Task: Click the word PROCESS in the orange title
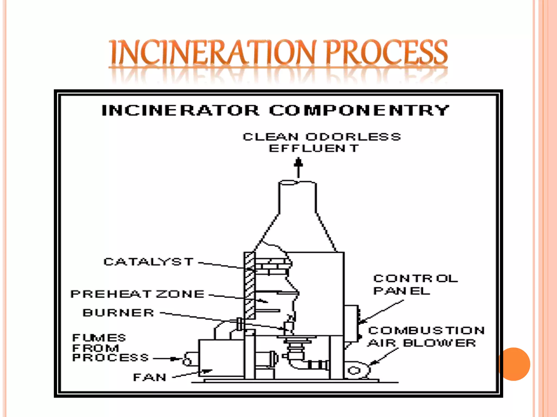coord(386,52)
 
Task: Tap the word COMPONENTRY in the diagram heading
coord(359,110)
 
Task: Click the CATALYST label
coord(148,262)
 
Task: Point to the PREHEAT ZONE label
coord(137,294)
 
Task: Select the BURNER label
coord(118,313)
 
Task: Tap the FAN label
coord(150,377)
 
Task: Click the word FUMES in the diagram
coord(99,338)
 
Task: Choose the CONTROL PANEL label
coord(415,285)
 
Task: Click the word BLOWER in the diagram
coord(439,343)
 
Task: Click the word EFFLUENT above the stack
coord(314,149)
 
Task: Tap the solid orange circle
coord(514,364)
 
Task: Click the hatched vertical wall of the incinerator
coord(249,285)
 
